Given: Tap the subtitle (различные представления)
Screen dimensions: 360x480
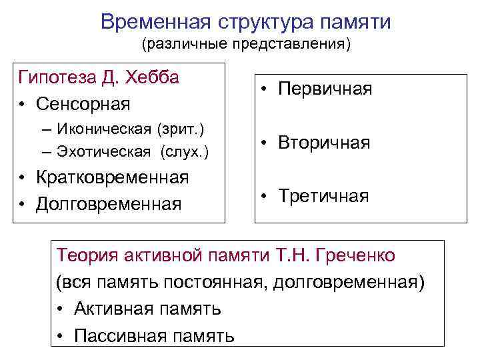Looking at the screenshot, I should click(x=245, y=45).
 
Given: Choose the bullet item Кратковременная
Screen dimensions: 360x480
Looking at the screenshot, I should click(x=113, y=178).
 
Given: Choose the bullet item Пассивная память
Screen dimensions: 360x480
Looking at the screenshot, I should click(x=153, y=335).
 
